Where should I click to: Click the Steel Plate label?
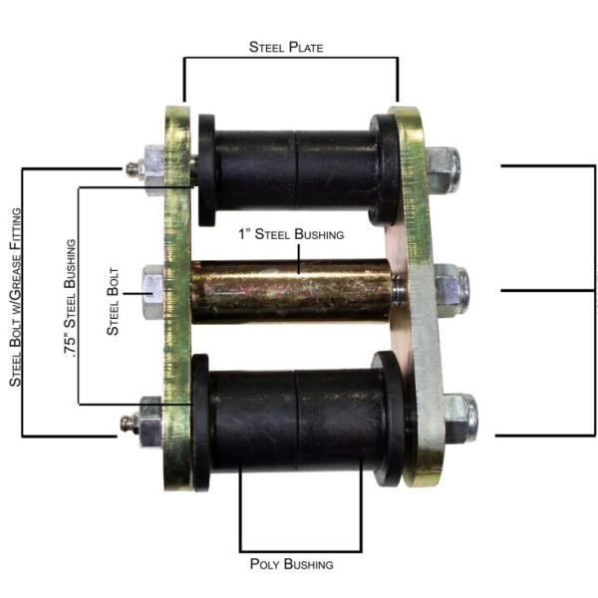coord(286,47)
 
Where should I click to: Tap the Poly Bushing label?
coord(291,564)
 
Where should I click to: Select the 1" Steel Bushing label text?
coord(291,234)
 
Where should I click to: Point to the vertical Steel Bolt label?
coord(113,301)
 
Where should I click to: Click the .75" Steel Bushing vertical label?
coord(70,297)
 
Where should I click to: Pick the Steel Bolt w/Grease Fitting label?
coord(15,297)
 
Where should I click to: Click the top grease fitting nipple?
coord(132,167)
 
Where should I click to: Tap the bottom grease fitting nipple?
coord(127,423)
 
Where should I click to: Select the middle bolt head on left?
coord(153,292)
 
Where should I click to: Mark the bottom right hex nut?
coord(460,419)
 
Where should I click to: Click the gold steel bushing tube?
coord(292,292)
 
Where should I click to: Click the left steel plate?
coord(177,297)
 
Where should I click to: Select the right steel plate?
coord(416,296)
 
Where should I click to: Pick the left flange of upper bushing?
coord(206,170)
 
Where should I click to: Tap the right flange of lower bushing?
coord(390,420)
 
